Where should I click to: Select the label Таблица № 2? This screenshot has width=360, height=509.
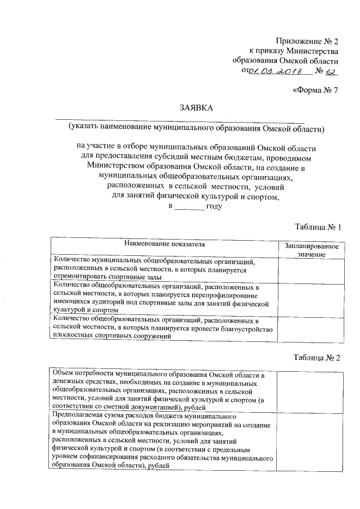(x=318, y=358)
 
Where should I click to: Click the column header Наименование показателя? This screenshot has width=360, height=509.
(x=165, y=245)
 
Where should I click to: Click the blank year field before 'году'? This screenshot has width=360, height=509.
(x=188, y=206)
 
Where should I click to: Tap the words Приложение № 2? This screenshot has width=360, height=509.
(x=307, y=42)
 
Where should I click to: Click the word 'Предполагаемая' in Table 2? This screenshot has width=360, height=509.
(x=76, y=415)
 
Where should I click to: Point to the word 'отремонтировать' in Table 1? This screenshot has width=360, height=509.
(x=78, y=277)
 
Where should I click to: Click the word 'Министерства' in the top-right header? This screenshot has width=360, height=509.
(x=312, y=51)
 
